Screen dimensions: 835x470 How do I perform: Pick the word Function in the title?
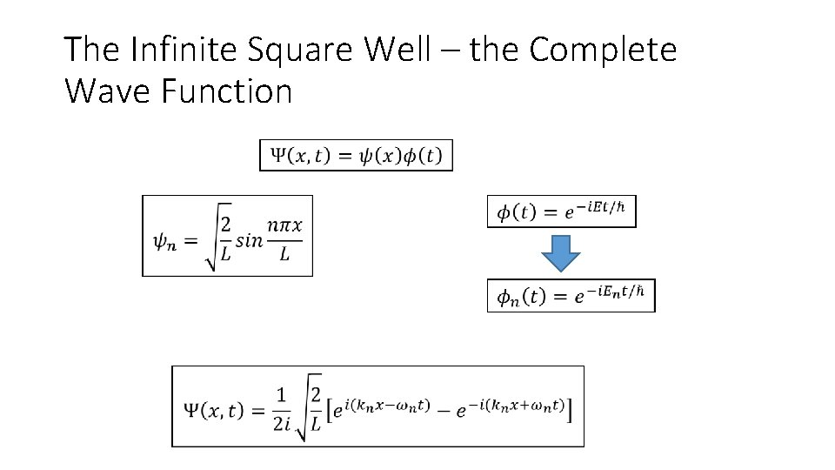click(x=226, y=91)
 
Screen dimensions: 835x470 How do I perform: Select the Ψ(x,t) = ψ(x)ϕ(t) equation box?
click(x=356, y=156)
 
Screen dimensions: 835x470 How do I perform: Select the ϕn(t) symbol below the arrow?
click(x=521, y=298)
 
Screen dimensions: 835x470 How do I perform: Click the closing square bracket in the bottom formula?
click(x=570, y=409)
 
